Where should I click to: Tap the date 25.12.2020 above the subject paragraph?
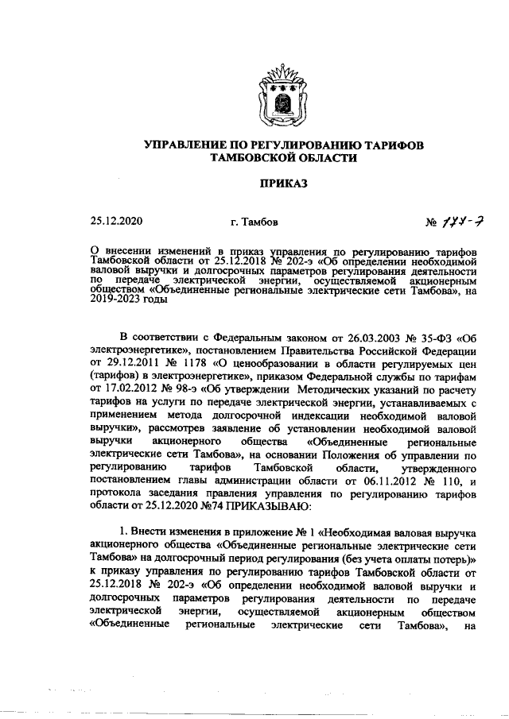coord(117,220)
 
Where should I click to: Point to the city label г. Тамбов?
coord(253,221)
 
